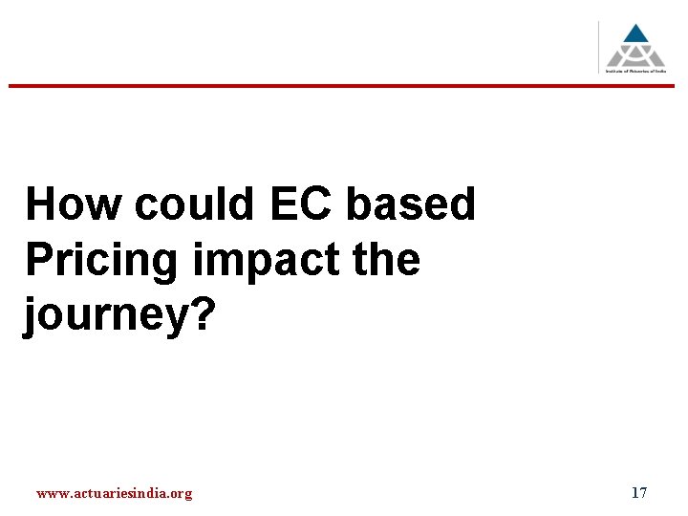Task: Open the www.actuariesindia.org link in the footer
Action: point(114,493)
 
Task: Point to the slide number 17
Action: point(639,493)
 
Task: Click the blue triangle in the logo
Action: point(635,34)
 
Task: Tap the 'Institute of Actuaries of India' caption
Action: point(636,72)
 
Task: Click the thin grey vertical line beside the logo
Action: point(600,47)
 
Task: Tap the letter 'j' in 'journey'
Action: point(32,316)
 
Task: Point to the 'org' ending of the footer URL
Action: point(181,494)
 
